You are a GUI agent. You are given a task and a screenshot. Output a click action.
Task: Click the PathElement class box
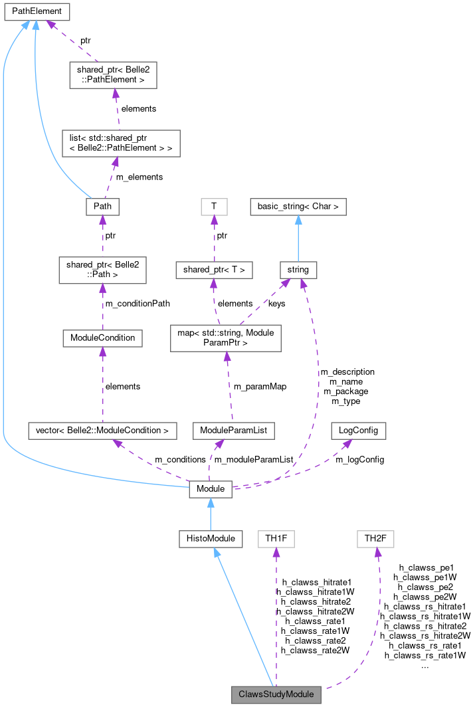[37, 11]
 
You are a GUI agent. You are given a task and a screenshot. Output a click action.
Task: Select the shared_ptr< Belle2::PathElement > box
[114, 74]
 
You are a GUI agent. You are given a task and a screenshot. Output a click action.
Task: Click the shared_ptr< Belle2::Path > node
[102, 270]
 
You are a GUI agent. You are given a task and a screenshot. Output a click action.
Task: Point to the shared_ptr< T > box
[214, 270]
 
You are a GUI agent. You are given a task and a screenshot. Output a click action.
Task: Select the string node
[298, 270]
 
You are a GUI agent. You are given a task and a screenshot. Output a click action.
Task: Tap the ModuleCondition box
[102, 338]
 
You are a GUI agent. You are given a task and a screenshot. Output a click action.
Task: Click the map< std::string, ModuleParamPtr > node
[226, 338]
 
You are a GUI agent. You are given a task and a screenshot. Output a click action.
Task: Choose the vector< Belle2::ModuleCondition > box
[102, 431]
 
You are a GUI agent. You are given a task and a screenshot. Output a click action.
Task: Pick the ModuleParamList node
[233, 431]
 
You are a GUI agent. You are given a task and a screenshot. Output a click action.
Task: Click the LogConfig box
[358, 431]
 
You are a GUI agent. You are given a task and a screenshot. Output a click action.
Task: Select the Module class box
[211, 490]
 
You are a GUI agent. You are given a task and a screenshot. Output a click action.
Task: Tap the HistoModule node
[211, 538]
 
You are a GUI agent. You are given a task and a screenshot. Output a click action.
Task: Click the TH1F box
[276, 538]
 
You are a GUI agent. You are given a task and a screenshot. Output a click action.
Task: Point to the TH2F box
[375, 538]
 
